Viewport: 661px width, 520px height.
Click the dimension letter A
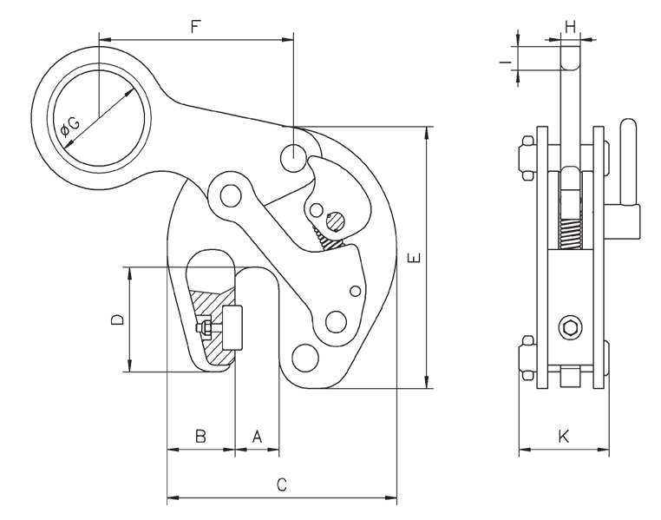click(x=257, y=437)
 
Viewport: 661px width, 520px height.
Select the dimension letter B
click(x=200, y=437)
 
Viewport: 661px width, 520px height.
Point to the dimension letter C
click(x=281, y=485)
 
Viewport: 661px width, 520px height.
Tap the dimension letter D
click(x=118, y=319)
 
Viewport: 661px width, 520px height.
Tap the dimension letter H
click(x=570, y=27)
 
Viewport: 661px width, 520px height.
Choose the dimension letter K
click(x=563, y=437)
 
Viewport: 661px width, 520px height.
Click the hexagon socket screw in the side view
click(x=570, y=328)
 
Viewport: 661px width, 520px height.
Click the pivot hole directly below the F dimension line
click(x=293, y=158)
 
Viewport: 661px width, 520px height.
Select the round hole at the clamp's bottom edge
click(x=305, y=356)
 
